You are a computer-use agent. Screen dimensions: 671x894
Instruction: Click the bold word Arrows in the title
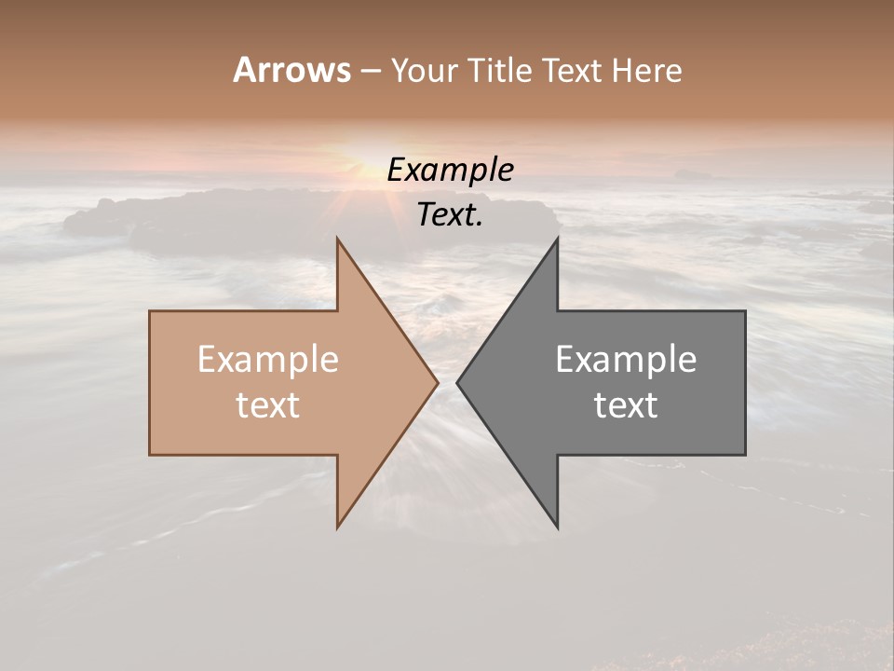[291, 70]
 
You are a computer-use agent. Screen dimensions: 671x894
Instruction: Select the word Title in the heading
[501, 71]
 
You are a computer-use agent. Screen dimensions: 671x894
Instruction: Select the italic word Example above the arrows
[450, 171]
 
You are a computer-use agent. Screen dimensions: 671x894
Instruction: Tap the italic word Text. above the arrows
[450, 215]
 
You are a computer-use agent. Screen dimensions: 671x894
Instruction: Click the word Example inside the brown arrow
[267, 360]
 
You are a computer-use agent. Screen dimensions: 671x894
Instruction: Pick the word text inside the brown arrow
[267, 405]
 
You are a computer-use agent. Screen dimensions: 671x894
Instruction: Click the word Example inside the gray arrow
[626, 360]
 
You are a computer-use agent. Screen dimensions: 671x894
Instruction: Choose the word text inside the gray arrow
[626, 405]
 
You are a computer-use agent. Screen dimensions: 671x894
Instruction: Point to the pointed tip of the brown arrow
[437, 382]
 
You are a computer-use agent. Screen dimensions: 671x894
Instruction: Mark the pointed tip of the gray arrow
[458, 382]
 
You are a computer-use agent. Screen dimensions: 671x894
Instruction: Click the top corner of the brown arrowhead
[338, 240]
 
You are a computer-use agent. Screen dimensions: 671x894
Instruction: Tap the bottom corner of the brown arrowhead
[338, 527]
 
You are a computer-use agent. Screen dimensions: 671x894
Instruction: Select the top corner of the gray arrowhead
[557, 240]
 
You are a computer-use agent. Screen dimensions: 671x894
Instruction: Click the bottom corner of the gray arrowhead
[557, 527]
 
